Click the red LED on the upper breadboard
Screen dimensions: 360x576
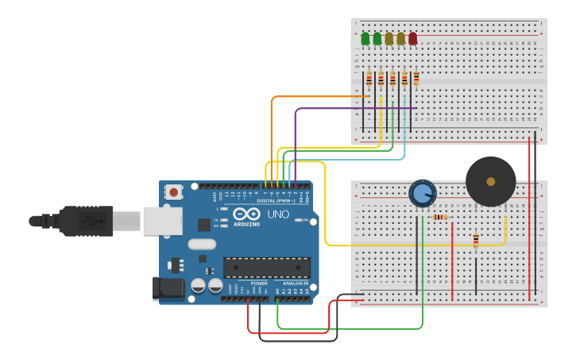412,38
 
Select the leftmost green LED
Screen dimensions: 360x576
365,38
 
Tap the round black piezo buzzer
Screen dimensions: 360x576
490,181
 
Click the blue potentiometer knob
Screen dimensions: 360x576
422,193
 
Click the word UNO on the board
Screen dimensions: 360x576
278,215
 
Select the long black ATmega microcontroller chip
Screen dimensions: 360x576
266,268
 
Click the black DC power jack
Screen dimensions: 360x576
168,288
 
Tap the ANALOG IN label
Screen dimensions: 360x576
291,283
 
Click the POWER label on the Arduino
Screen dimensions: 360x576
259,283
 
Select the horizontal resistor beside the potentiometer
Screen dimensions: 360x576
439,217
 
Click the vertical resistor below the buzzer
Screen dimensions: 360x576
476,240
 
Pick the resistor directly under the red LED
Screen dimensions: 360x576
416,78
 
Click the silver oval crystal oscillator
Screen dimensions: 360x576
202,245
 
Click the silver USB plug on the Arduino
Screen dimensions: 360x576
162,221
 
